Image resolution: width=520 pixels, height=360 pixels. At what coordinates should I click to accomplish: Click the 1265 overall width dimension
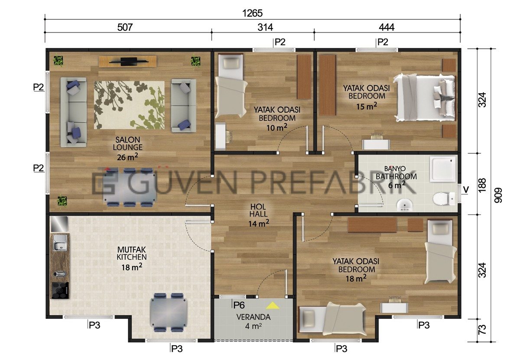tap(252, 13)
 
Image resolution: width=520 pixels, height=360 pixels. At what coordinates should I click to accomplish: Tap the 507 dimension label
tap(125, 27)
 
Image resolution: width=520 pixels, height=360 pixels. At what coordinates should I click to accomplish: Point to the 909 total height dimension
tap(497, 195)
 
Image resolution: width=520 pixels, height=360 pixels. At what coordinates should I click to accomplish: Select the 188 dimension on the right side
tap(482, 185)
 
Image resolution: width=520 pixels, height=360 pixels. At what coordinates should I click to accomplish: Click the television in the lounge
tap(129, 61)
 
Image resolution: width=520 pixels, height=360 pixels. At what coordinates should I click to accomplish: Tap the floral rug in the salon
tap(129, 105)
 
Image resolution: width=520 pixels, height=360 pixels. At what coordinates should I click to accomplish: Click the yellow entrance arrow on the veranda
tap(273, 306)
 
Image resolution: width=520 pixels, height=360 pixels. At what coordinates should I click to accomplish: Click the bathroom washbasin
tap(404, 205)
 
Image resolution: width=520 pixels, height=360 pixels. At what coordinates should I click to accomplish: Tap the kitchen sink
tap(60, 243)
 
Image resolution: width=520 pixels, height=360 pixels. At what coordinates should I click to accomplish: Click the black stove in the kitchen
tap(60, 290)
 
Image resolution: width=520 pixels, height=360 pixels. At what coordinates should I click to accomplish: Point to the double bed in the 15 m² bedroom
tap(425, 97)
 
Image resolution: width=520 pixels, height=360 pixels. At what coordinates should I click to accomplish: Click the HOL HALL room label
tap(258, 210)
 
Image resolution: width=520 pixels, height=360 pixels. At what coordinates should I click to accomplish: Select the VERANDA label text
tap(253, 317)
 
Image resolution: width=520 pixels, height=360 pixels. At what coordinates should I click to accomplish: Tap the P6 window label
tap(239, 305)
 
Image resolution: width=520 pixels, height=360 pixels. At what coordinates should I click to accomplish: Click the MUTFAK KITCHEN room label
tap(131, 253)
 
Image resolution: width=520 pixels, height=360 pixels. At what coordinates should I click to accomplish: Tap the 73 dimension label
tap(482, 330)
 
